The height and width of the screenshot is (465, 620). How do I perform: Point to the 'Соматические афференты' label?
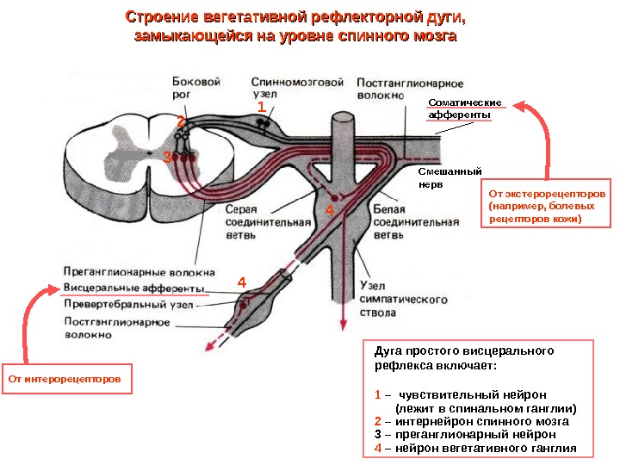(x=460, y=108)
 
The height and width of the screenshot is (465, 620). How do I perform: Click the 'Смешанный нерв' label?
(x=449, y=177)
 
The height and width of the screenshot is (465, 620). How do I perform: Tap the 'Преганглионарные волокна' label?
(x=138, y=271)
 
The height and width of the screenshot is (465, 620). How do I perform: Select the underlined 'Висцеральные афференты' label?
(x=134, y=288)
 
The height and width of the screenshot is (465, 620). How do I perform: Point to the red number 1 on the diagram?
(x=261, y=106)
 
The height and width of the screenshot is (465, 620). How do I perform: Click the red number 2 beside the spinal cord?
(x=182, y=121)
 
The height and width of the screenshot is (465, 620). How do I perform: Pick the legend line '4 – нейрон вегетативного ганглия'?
(x=474, y=449)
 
